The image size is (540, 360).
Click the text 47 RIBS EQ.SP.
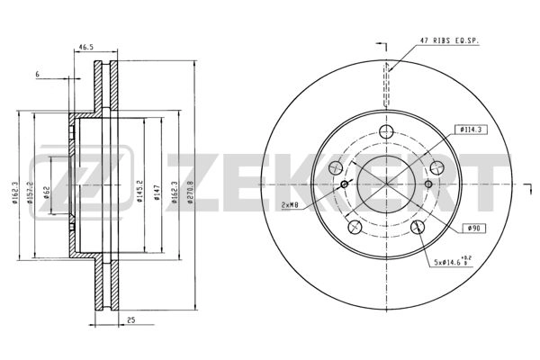[x=452, y=40]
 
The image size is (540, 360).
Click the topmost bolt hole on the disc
[x=386, y=132]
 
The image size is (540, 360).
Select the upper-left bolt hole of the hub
[x=337, y=168]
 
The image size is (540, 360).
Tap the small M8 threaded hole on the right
[x=428, y=185]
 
